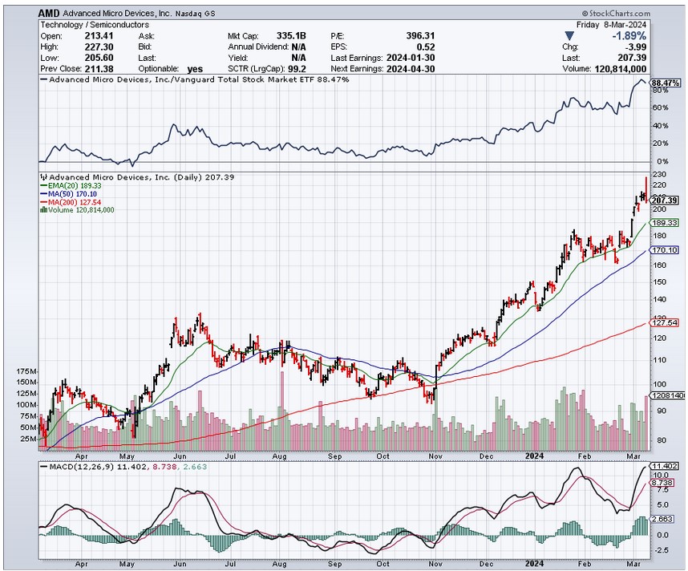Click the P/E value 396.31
pos(420,36)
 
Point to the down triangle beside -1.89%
pos(569,36)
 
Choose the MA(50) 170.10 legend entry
pos(71,193)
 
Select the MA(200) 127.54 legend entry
pos(74,201)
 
